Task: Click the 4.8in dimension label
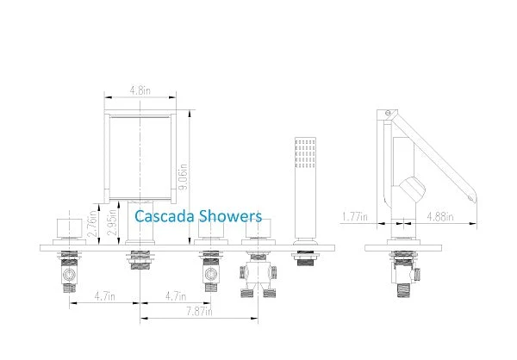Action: click(x=140, y=90)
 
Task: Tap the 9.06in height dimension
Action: click(x=183, y=177)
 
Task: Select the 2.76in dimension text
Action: click(x=92, y=224)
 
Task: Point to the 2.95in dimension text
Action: click(x=112, y=222)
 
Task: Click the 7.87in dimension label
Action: click(x=200, y=311)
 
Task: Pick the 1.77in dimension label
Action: click(x=355, y=217)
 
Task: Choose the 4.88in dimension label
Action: click(x=440, y=217)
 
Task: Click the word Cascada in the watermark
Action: click(x=165, y=216)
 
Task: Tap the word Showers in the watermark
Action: click(x=230, y=216)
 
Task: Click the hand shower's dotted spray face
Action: click(x=305, y=153)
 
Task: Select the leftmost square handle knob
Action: click(x=70, y=227)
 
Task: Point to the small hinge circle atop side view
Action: click(x=388, y=113)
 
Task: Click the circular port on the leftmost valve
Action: click(x=69, y=275)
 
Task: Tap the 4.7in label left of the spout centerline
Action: click(x=105, y=296)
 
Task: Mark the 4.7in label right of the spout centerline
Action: click(x=176, y=296)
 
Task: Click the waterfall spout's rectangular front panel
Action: click(x=140, y=158)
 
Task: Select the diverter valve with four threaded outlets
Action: click(x=258, y=276)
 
